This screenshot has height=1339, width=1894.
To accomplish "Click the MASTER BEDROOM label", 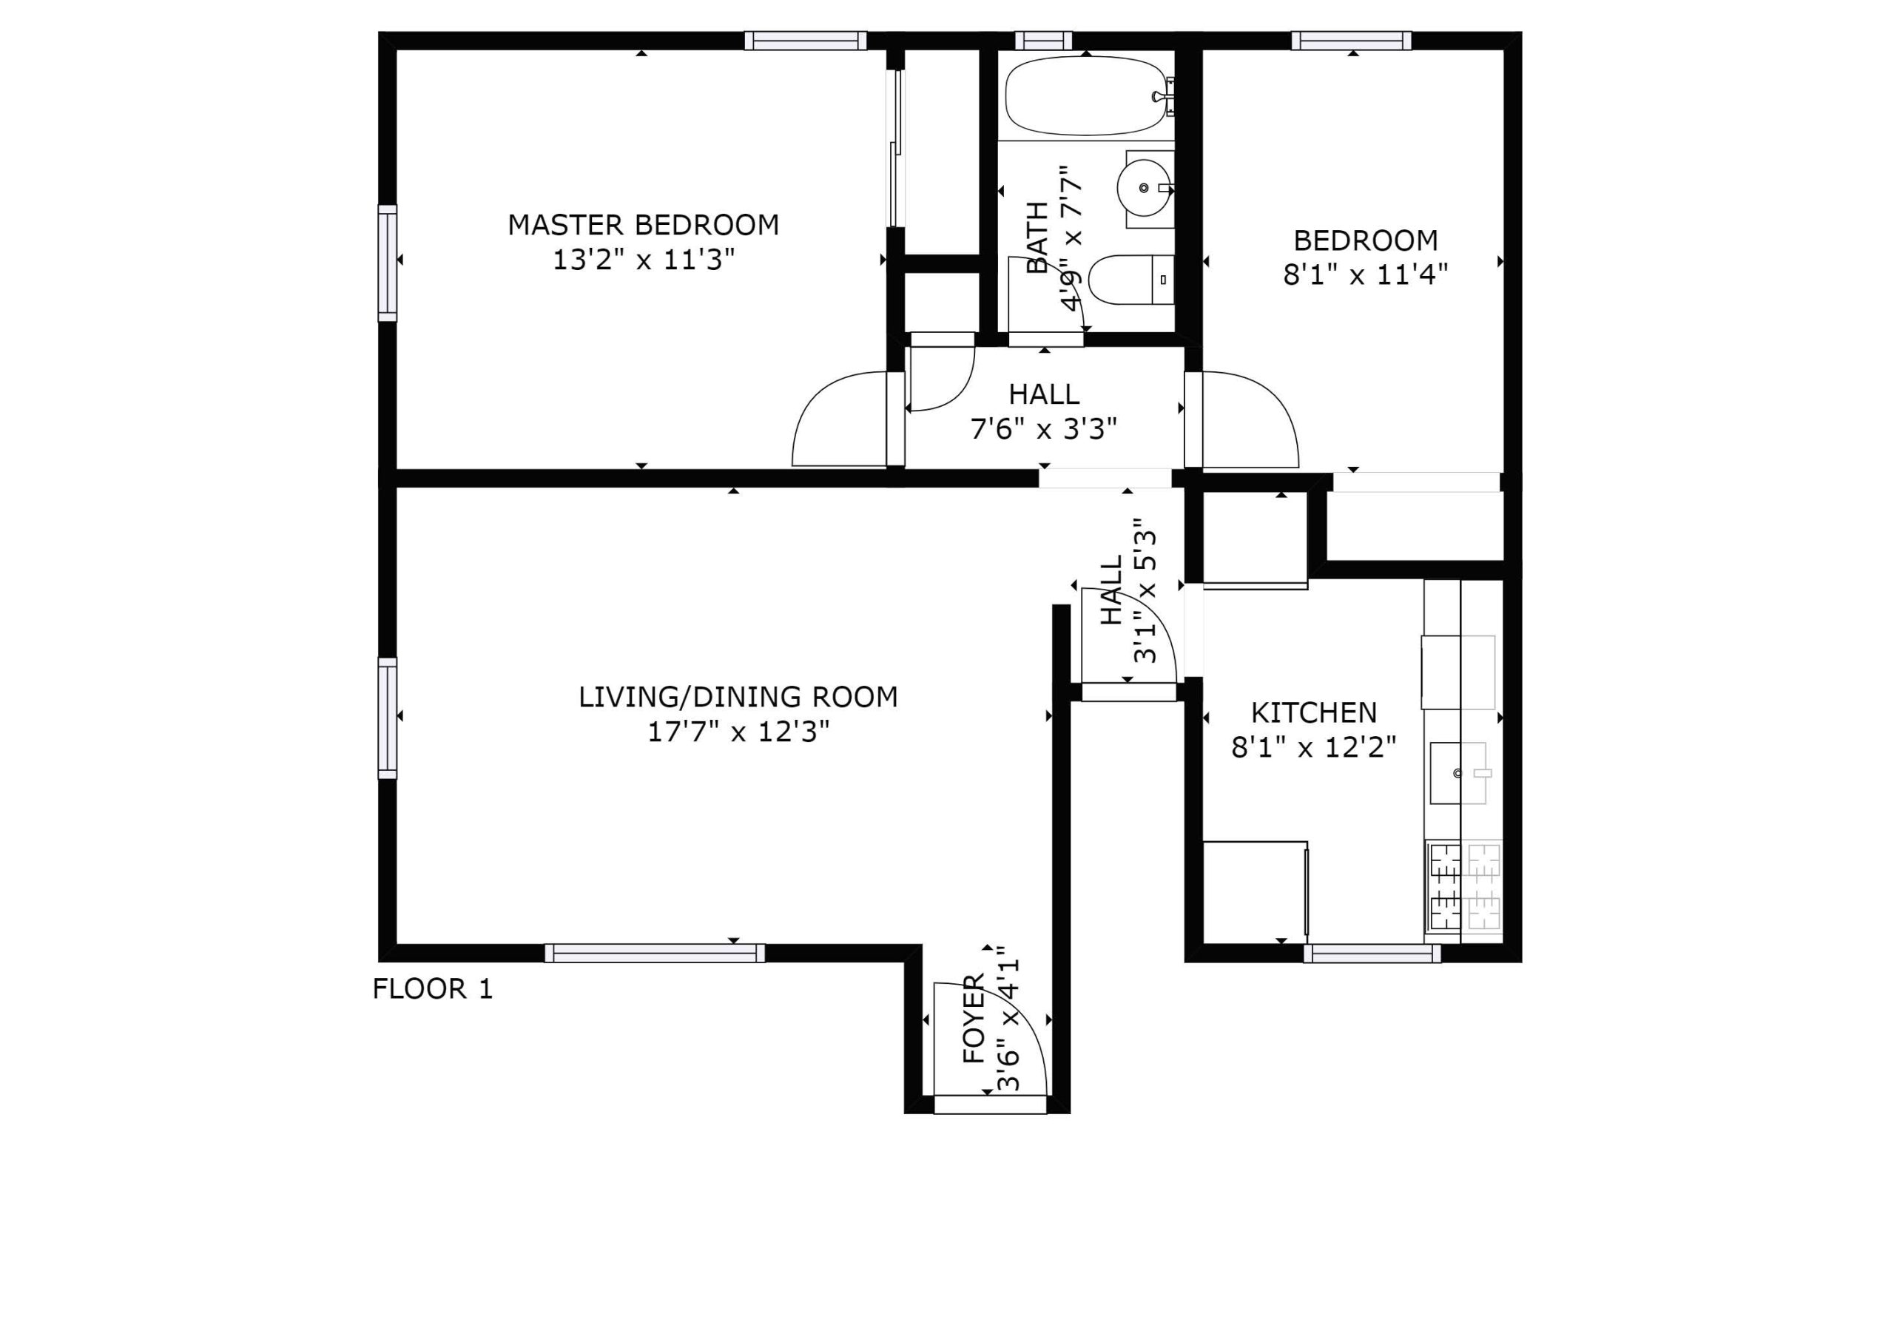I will [x=643, y=224].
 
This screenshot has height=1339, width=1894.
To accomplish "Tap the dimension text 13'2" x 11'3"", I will [x=643, y=260].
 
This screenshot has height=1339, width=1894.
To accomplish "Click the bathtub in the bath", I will [x=1085, y=95].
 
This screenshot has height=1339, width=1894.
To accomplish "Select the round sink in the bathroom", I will [x=1143, y=188].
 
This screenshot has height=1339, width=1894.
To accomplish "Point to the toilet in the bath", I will [x=1130, y=280].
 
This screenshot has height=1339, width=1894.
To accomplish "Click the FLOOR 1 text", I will [x=432, y=988].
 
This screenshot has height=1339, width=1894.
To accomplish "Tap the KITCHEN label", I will [x=1313, y=712].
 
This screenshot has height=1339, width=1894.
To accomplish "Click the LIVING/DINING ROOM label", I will [x=738, y=697].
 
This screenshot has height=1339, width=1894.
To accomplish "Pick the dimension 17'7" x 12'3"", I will [x=738, y=732].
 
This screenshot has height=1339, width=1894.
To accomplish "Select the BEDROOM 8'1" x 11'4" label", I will [x=1365, y=257].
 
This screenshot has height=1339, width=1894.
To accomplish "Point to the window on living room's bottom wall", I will [x=654, y=954].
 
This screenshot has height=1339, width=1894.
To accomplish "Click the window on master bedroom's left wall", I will [x=387, y=263].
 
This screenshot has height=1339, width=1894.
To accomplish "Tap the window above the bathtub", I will [x=1042, y=41].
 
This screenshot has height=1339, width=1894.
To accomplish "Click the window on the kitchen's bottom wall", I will [x=1372, y=954].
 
